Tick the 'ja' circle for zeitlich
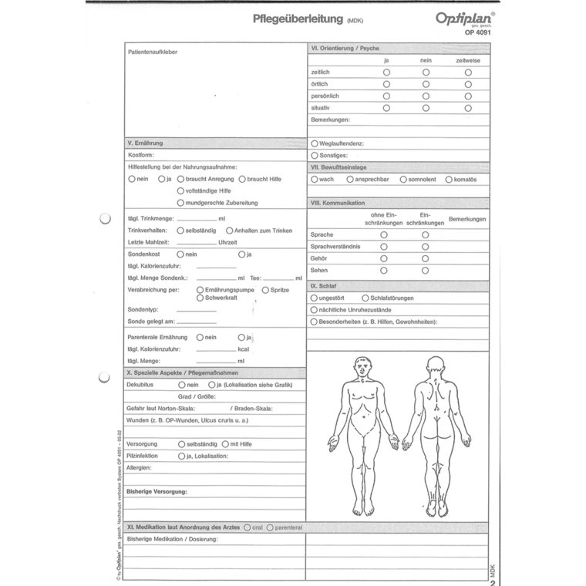pyautogui.click(x=386, y=72)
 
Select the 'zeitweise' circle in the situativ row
pyautogui.click(x=467, y=108)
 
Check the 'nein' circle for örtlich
pyautogui.click(x=426, y=84)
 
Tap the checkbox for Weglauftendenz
pyautogui.click(x=314, y=143)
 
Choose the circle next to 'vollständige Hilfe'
pyautogui.click(x=180, y=190)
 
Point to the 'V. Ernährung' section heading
pyautogui.click(x=144, y=143)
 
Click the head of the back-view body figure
pyautogui.click(x=436, y=365)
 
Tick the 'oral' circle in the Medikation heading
pyautogui.click(x=247, y=527)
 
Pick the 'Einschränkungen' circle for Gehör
pyautogui.click(x=426, y=259)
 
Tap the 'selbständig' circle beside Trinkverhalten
pyautogui.click(x=180, y=230)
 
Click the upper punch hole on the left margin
pyautogui.click(x=106, y=220)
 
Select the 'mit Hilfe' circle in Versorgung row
pyautogui.click(x=224, y=444)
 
